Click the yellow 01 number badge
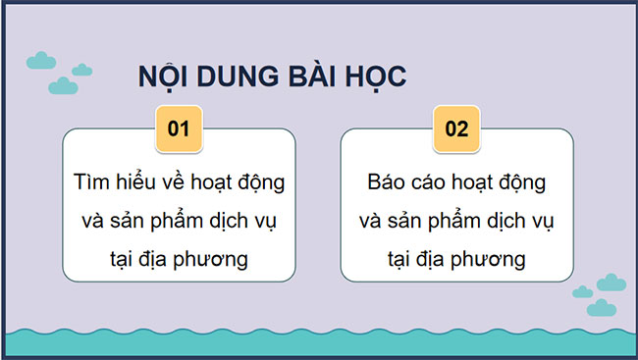pos(179,129)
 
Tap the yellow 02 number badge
pos(456,129)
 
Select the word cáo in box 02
pos(430,182)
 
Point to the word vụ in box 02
pos(540,221)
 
